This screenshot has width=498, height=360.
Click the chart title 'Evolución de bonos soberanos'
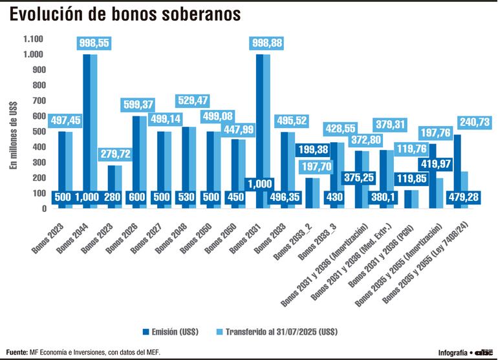click(127, 14)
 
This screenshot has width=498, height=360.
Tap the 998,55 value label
click(94, 43)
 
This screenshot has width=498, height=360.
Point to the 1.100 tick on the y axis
click(34, 39)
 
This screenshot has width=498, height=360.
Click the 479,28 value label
click(463, 197)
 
